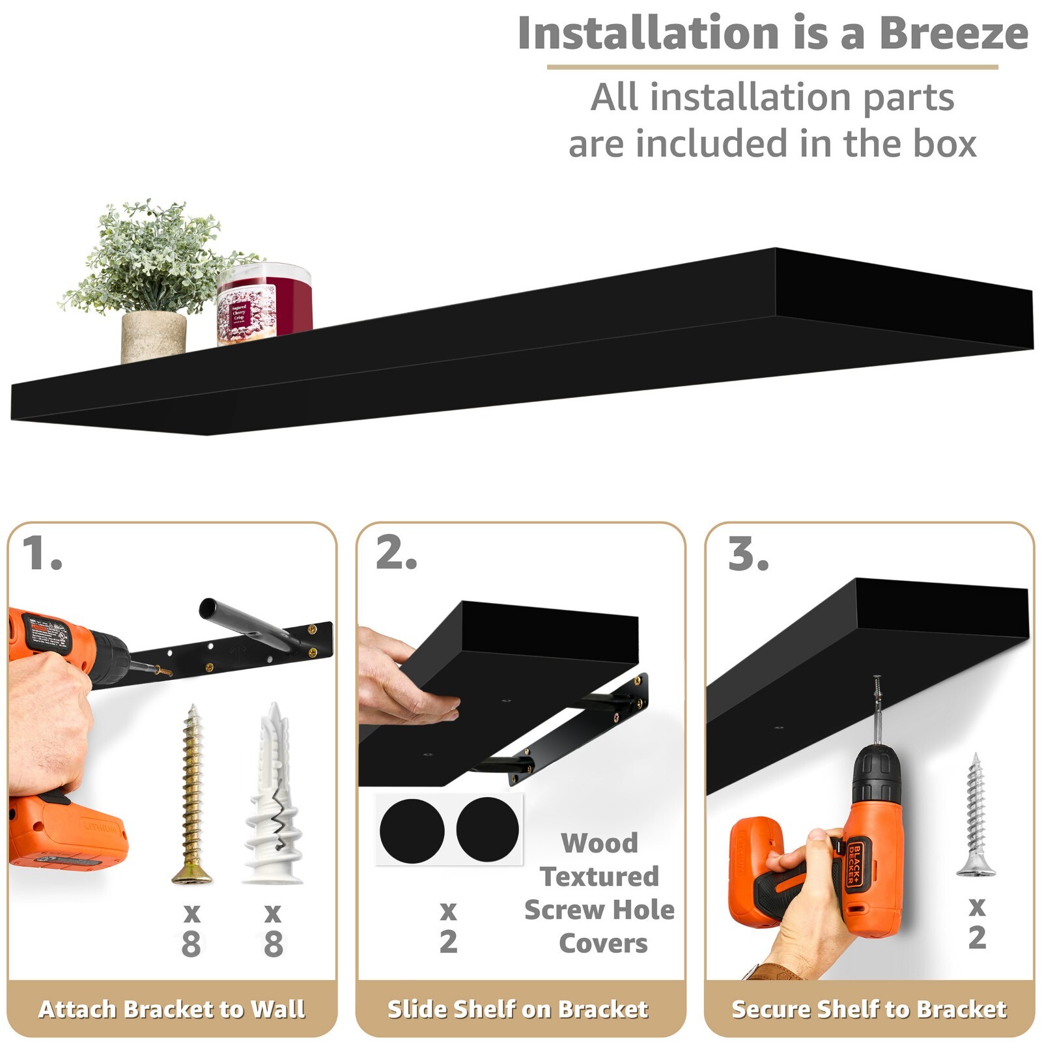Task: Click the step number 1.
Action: [40, 554]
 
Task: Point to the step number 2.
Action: [395, 554]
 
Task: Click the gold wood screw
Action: [191, 795]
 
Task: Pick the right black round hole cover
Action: [487, 828]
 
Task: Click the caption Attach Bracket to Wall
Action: [172, 1009]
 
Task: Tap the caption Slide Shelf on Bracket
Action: [518, 1009]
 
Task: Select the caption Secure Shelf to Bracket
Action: [869, 1009]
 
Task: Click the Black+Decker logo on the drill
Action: [854, 864]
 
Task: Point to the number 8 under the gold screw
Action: [191, 944]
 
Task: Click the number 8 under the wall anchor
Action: [273, 944]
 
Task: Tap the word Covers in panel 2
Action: [603, 943]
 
